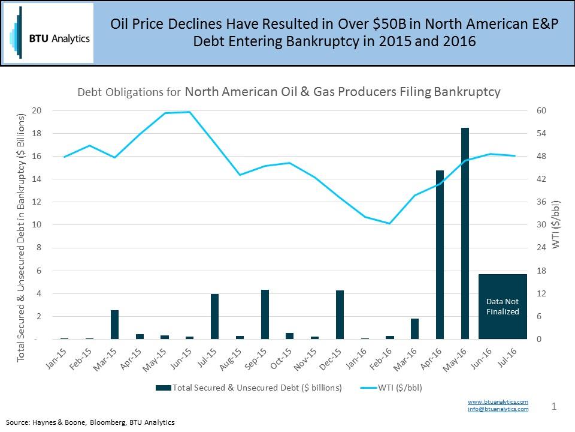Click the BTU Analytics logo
point(49,33)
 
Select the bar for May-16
point(465,233)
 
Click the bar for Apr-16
point(440,255)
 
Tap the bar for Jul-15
point(214,316)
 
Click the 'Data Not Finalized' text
point(503,307)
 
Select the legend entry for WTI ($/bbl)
point(395,388)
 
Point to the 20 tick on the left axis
point(37,111)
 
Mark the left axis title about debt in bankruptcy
point(22,237)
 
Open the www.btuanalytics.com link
point(498,401)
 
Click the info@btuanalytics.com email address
point(498,409)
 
